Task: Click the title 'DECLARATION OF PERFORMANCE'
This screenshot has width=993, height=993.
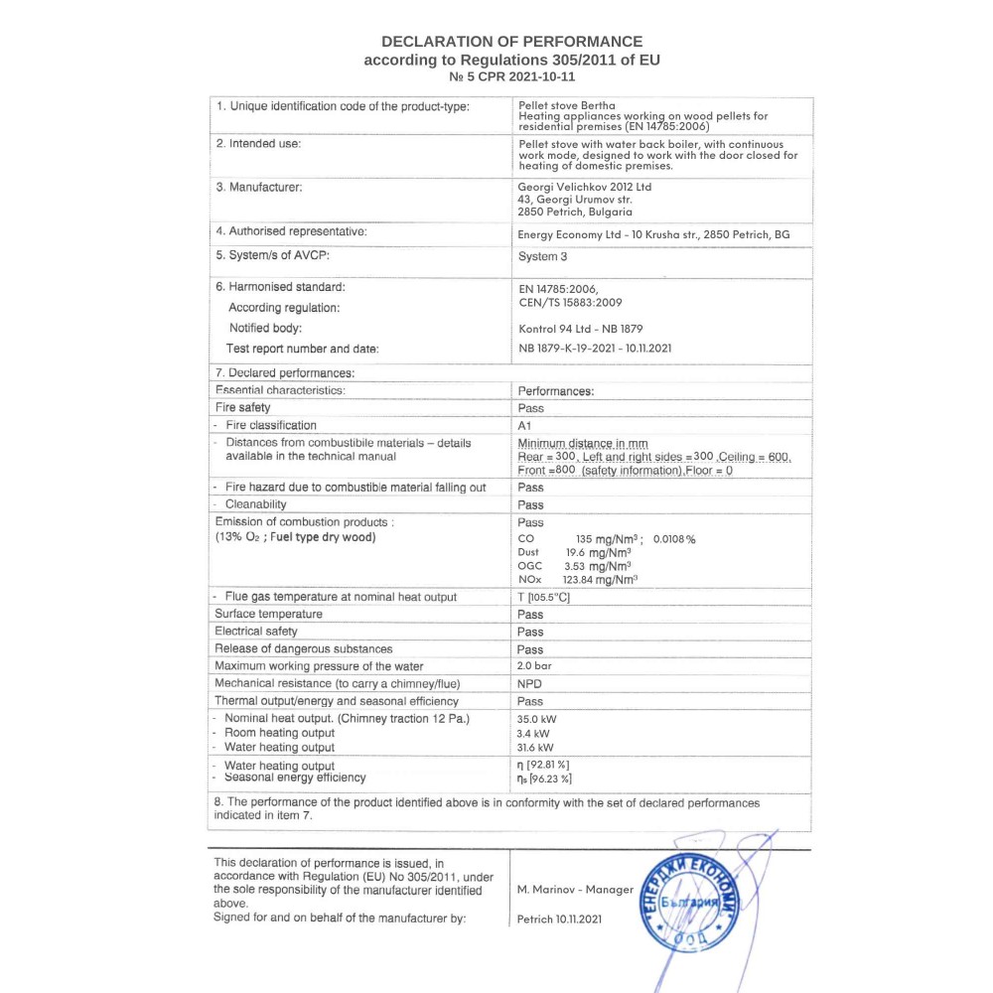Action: (x=511, y=42)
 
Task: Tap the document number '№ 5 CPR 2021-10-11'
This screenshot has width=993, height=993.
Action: (x=511, y=76)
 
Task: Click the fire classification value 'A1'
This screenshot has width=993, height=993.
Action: (x=525, y=425)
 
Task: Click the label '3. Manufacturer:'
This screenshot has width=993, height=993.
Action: (x=259, y=187)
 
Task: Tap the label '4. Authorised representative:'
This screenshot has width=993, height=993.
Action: (x=291, y=231)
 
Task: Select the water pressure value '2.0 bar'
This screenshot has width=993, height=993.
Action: (x=534, y=665)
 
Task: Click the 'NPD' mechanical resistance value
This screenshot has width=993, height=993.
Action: (x=530, y=683)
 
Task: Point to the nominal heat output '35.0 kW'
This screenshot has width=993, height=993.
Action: (x=536, y=718)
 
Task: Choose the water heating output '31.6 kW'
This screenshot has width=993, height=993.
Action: (x=535, y=747)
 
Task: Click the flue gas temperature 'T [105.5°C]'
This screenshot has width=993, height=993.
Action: (x=543, y=597)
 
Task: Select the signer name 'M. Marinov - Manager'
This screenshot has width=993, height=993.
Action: (x=575, y=890)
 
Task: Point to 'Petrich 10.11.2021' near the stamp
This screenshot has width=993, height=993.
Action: (x=559, y=920)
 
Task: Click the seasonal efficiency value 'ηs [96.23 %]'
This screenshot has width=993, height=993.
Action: (x=544, y=780)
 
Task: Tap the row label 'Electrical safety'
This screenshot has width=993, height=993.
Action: (x=256, y=631)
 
